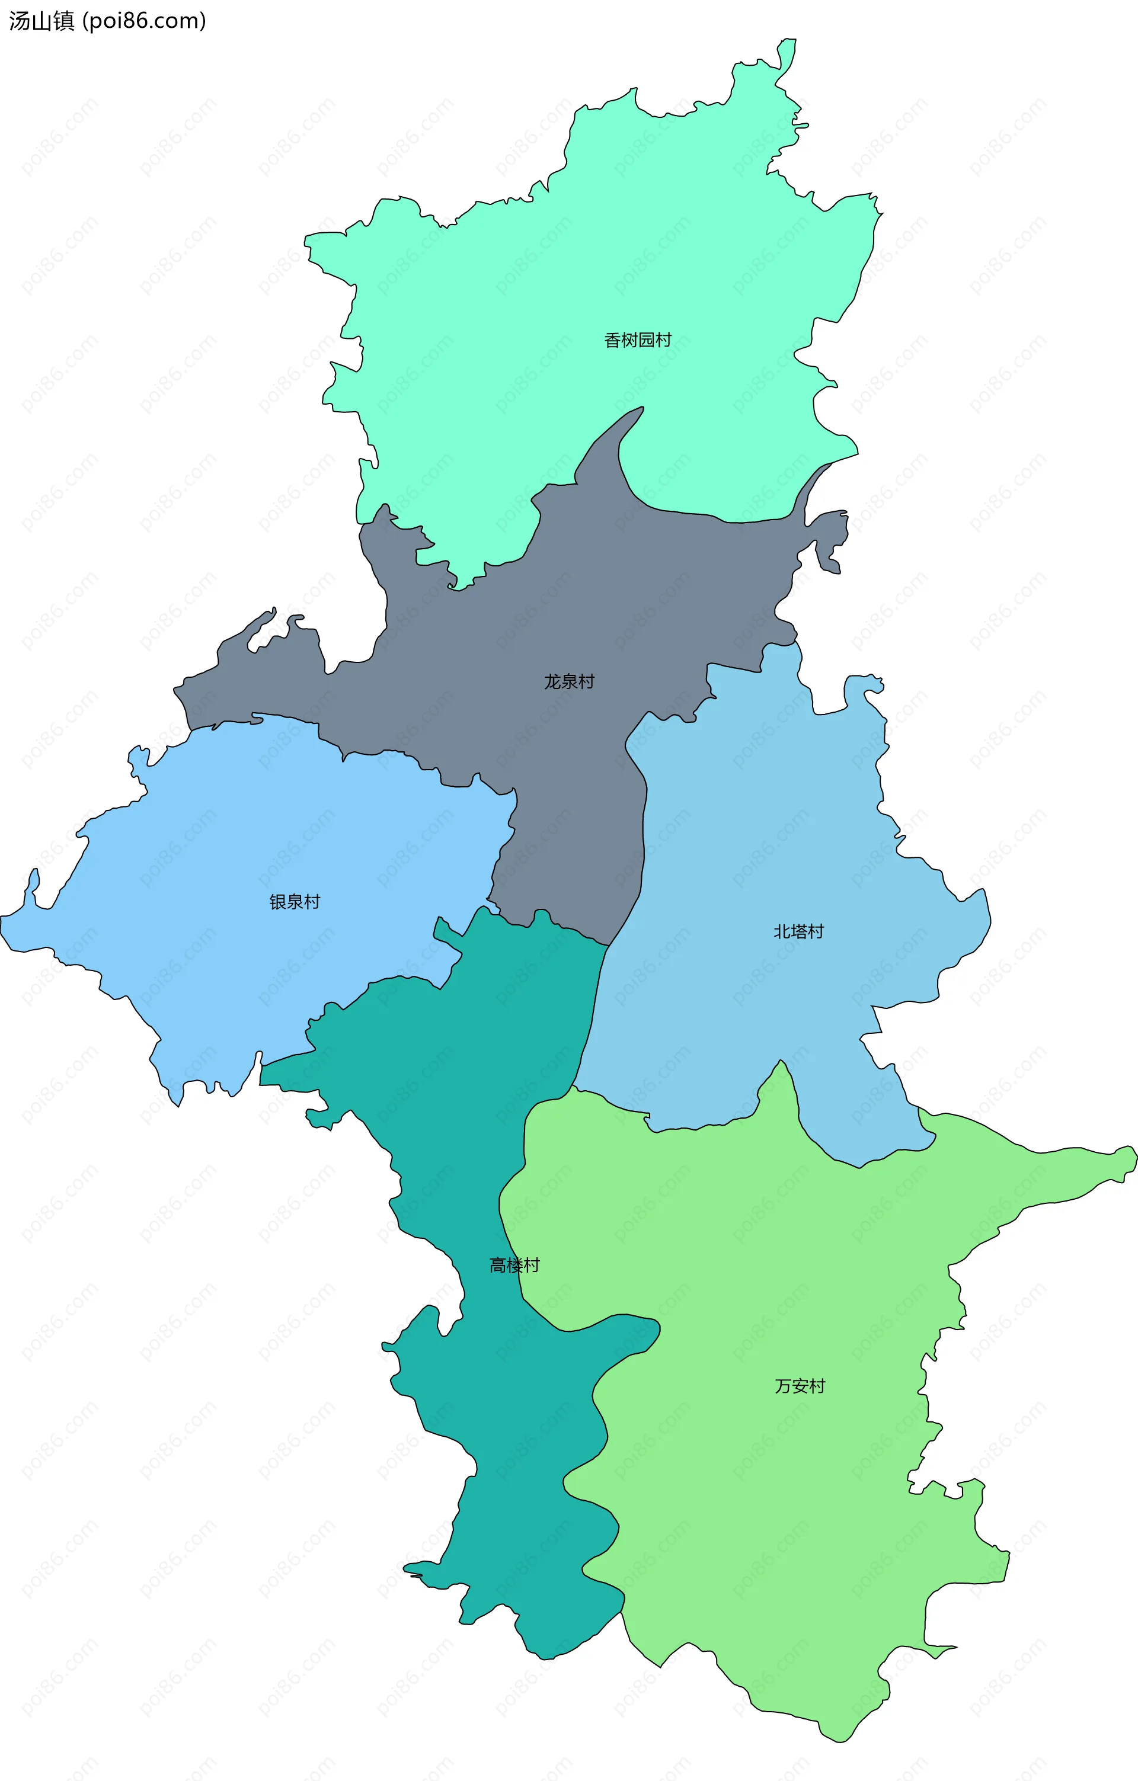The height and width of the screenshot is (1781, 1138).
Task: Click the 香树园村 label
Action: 637,340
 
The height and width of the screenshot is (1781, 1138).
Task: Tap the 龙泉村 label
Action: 569,682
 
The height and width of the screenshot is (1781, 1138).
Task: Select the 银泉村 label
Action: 295,902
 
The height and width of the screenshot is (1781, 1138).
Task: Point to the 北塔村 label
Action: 798,932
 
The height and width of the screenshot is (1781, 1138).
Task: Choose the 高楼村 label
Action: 514,1266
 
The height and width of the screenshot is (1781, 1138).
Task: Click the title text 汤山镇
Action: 41,21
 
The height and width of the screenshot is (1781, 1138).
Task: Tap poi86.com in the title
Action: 143,21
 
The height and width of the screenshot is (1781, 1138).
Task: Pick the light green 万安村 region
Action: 777,1516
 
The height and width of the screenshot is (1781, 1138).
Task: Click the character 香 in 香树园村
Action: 613,340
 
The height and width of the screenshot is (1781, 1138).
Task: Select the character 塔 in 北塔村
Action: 798,932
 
